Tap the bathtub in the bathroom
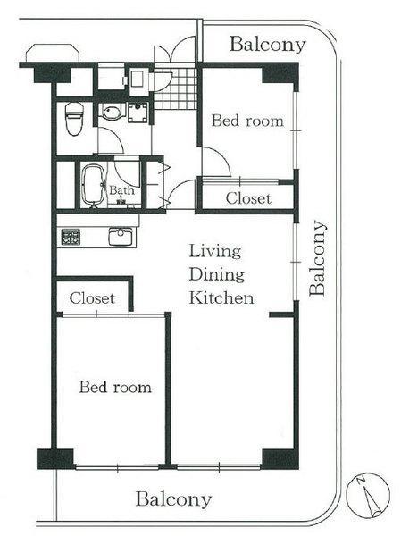click(91, 184)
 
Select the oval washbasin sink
click(110, 113)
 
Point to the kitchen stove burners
click(71, 238)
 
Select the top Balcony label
click(267, 44)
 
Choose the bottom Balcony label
click(173, 499)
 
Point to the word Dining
click(215, 273)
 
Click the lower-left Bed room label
click(114, 387)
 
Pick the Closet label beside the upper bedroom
click(247, 197)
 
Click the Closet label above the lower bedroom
click(92, 297)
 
